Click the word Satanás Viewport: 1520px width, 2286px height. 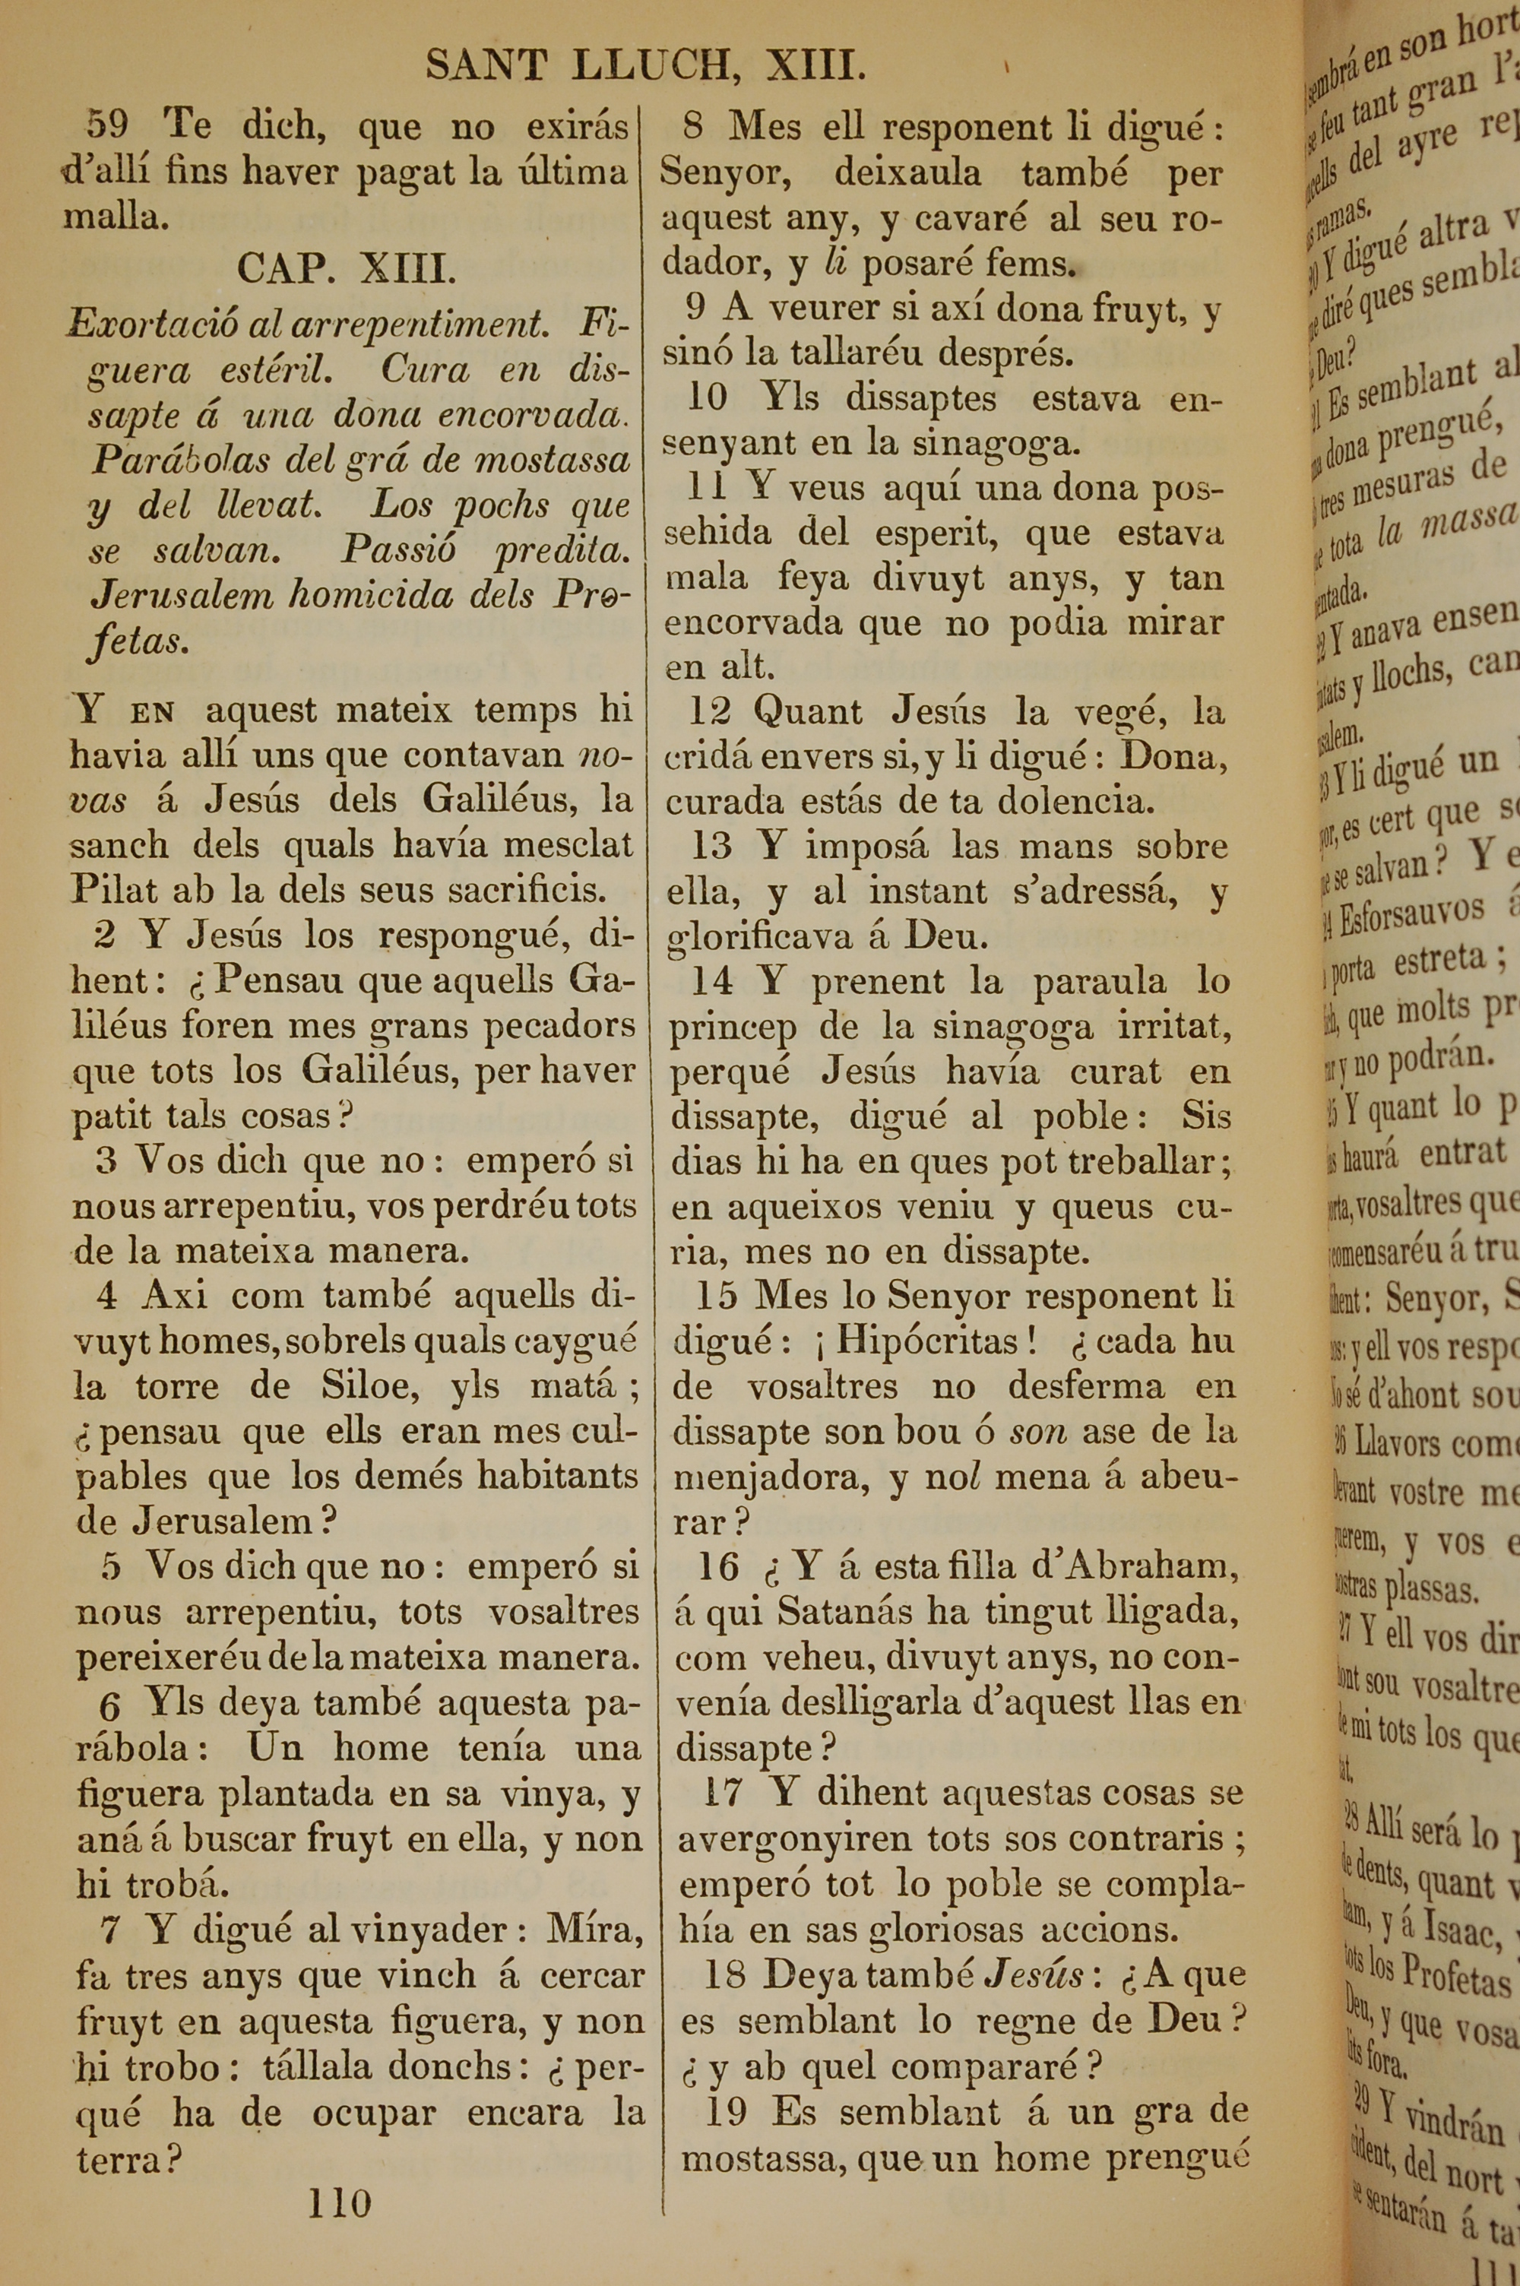847,1610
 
